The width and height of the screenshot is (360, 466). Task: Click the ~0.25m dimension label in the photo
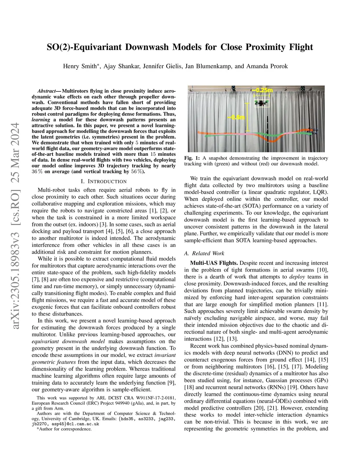(262, 90)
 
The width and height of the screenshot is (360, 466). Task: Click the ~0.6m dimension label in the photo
(236, 117)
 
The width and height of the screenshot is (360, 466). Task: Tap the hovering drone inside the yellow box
(262, 103)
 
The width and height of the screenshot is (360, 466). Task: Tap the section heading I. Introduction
(104, 181)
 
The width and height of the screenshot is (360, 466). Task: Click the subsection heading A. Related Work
(204, 253)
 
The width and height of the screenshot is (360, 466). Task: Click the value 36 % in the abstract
(38, 172)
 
